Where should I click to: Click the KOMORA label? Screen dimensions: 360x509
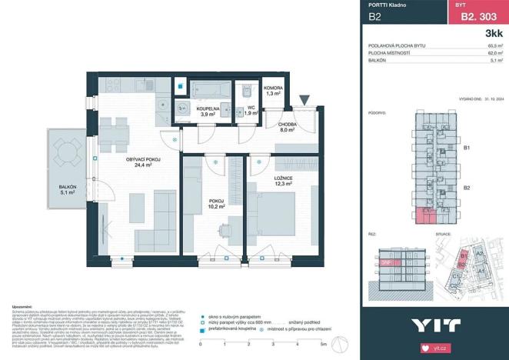(273, 88)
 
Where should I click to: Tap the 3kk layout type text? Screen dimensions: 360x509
(491, 34)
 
